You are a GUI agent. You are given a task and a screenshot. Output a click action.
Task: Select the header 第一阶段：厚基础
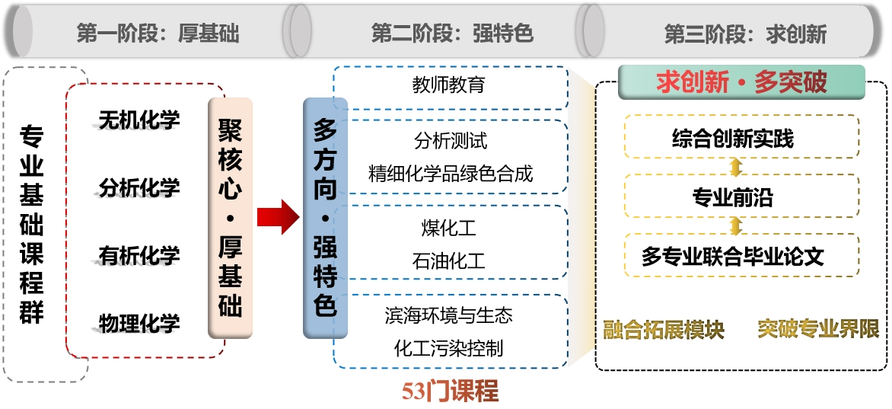coord(158,34)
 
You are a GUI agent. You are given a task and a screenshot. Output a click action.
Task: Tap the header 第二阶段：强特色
coord(452,34)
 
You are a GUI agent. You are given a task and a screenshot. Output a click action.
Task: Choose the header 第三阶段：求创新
coord(745,34)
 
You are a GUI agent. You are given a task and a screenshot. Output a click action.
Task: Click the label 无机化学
coord(139,120)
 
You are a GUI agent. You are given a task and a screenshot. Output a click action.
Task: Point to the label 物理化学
coord(139,323)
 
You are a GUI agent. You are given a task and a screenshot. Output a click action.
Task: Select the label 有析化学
coord(139,256)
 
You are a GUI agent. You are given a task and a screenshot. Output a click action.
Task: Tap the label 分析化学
coord(139,187)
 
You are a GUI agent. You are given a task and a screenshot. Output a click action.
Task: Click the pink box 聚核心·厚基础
coord(230,218)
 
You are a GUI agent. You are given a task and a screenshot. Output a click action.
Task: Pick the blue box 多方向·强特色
coord(325,218)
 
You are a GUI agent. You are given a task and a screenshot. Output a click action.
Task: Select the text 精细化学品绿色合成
coord(451,173)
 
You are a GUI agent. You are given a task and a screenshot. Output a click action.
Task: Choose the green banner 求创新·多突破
coord(741,82)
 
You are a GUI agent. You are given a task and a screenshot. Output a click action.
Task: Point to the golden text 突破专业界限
coord(818,330)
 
